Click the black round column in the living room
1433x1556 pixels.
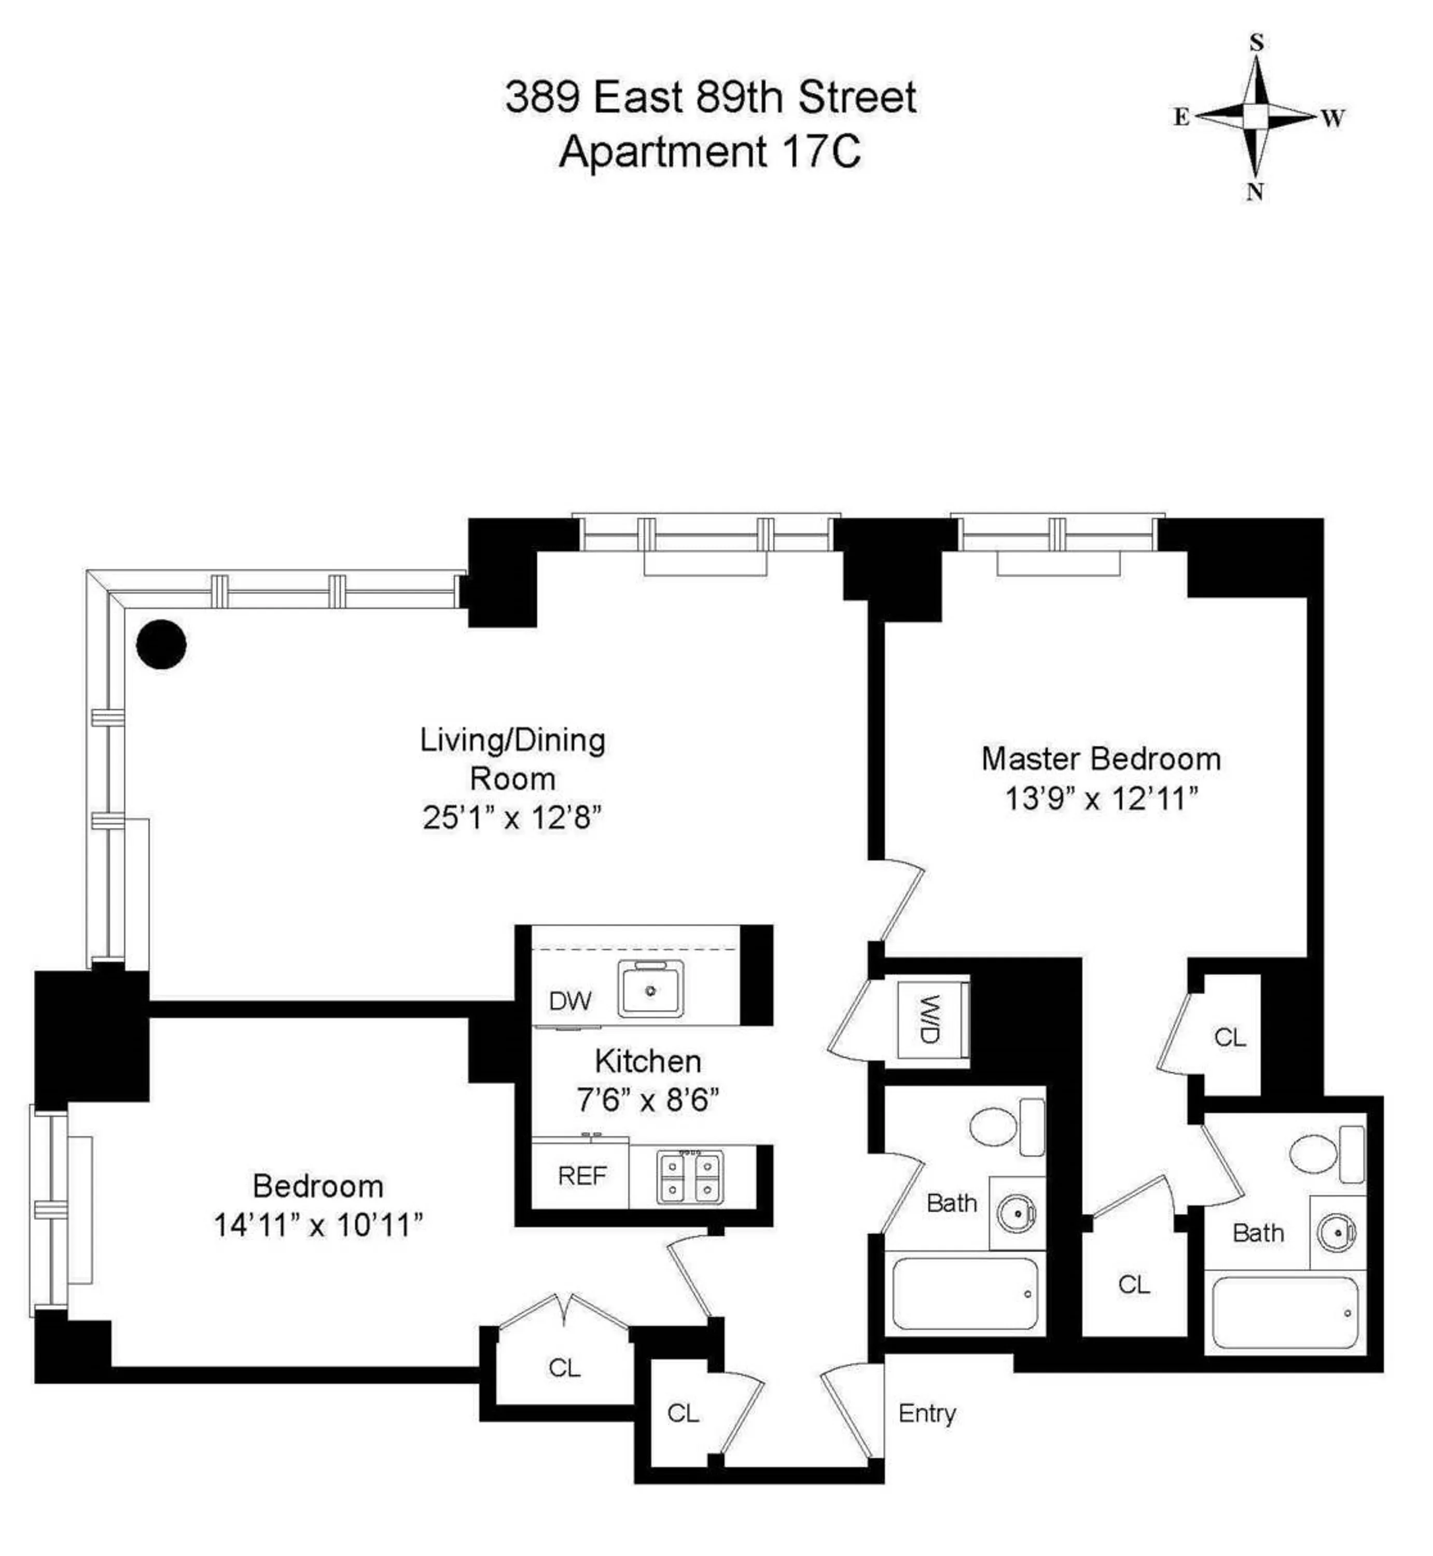tap(161, 644)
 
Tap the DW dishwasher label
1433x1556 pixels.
tap(570, 1001)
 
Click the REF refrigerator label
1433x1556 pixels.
tap(581, 1176)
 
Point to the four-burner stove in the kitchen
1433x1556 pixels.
tap(689, 1177)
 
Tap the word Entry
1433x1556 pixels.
tap(927, 1413)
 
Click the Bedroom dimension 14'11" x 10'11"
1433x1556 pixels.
tap(318, 1226)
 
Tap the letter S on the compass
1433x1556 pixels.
tap(1256, 44)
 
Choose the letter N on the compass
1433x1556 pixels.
tap(1255, 192)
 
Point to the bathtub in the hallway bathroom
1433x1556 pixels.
tap(965, 1293)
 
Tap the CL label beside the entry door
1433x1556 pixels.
tap(683, 1413)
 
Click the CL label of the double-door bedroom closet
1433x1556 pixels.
tap(564, 1368)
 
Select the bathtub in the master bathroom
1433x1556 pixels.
tap(1285, 1313)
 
